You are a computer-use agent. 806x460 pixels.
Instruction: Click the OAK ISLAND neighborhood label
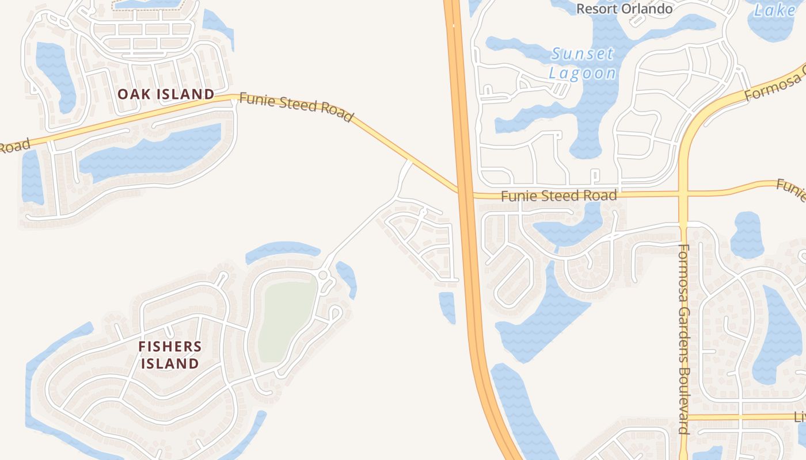pos(166,94)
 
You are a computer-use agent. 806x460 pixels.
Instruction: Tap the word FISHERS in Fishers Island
pos(170,346)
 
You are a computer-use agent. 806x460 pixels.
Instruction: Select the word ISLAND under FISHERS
pos(170,363)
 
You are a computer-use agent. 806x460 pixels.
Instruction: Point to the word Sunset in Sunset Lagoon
pos(583,55)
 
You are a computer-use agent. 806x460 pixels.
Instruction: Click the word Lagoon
pos(582,73)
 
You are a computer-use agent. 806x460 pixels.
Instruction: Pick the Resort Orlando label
pos(624,9)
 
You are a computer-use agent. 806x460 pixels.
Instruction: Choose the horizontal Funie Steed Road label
pos(558,195)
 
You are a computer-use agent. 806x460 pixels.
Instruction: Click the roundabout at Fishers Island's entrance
pos(322,276)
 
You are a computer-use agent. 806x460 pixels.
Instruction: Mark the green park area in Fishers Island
pos(286,319)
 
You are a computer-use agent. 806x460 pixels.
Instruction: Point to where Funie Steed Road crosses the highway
pos(465,193)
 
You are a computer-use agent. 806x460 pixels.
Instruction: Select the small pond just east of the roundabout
pos(347,279)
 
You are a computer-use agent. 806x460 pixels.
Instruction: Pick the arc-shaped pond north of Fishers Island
pos(282,250)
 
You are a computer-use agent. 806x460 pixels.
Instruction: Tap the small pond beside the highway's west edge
pos(447,306)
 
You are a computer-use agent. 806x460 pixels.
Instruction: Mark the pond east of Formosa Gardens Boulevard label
pos(747,234)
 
